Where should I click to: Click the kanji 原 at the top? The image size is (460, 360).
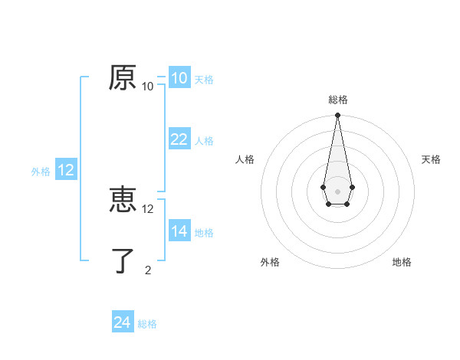pyautogui.click(x=123, y=78)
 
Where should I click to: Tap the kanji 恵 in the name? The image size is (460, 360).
pyautogui.click(x=123, y=201)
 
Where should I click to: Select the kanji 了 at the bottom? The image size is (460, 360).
pyautogui.click(x=123, y=261)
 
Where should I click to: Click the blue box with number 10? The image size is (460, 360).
pyautogui.click(x=179, y=78)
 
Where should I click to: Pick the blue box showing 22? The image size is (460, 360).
pyautogui.click(x=179, y=139)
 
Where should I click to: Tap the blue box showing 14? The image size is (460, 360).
pyautogui.click(x=179, y=231)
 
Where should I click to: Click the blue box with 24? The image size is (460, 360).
pyautogui.click(x=122, y=322)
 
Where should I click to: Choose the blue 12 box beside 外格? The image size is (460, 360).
pyautogui.click(x=66, y=170)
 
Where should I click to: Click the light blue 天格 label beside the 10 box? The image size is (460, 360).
pyautogui.click(x=204, y=80)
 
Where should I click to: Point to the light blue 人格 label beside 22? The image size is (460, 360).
pyautogui.click(x=204, y=141)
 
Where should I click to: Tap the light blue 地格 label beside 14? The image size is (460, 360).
pyautogui.click(x=204, y=233)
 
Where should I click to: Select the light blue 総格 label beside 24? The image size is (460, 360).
pyautogui.click(x=147, y=324)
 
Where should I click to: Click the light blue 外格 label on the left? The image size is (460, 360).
pyautogui.click(x=41, y=172)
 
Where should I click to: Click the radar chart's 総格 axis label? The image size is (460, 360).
pyautogui.click(x=337, y=100)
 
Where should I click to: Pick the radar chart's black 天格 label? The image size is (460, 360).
pyautogui.click(x=431, y=159)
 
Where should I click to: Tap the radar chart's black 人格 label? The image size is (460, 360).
pyautogui.click(x=245, y=159)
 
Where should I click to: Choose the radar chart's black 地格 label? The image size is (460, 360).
pyautogui.click(x=402, y=262)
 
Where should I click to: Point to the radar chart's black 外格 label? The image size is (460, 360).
pyautogui.click(x=270, y=262)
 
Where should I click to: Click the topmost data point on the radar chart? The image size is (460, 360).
pyautogui.click(x=337, y=115)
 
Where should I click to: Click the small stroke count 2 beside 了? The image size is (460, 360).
pyautogui.click(x=148, y=270)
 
